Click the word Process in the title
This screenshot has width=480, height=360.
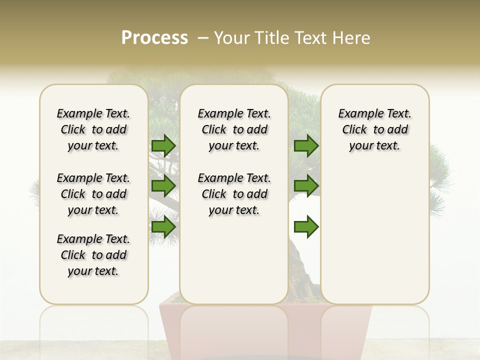154,37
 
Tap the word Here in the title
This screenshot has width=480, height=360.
352,37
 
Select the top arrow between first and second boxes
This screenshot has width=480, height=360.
163,146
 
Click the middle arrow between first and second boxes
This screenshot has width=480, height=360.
163,186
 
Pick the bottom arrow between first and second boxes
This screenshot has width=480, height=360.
163,227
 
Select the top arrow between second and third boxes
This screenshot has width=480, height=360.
306,146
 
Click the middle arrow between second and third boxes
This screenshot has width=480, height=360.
306,186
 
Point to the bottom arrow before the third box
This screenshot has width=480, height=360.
306,227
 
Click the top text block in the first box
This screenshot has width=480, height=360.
93,129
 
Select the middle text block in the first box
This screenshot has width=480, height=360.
93,194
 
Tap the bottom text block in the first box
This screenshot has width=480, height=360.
93,255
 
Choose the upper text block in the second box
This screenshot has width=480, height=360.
234,129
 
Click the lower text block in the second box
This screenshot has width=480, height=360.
234,194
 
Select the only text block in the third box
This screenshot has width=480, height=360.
374,129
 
